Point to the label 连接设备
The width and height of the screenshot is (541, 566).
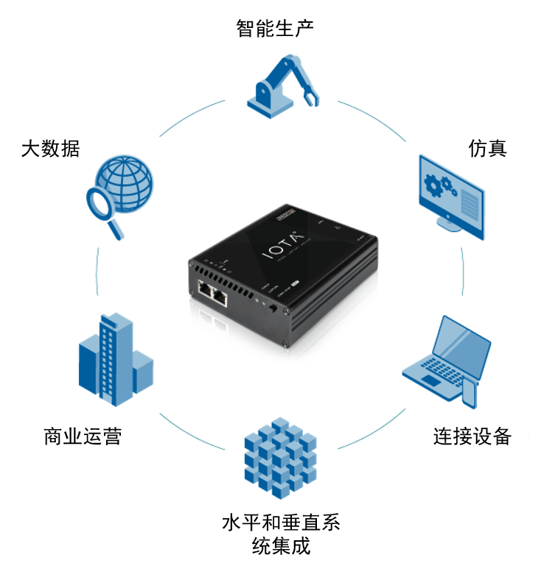coord(472,436)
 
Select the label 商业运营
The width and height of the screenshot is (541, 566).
coord(83,436)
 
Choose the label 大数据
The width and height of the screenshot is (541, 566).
coord(50,149)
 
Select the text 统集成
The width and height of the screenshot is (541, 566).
coord(280,547)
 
